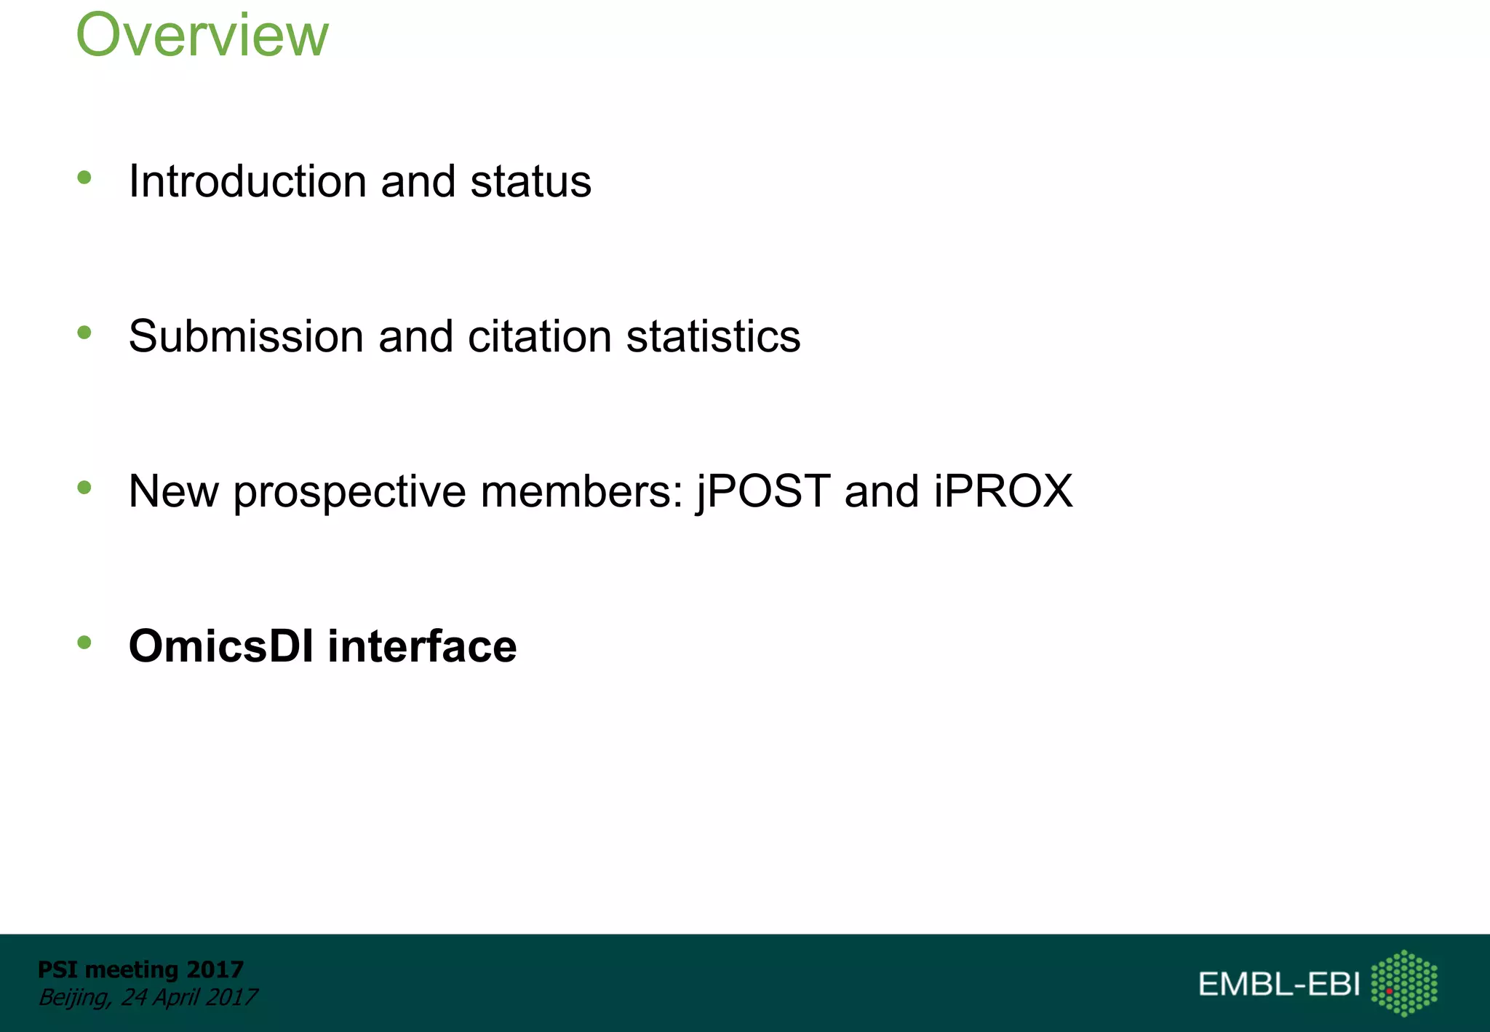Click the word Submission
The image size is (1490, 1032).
tap(246, 336)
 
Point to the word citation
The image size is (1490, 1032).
tap(539, 336)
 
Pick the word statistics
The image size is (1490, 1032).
tap(713, 336)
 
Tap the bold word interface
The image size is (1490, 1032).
tap(422, 646)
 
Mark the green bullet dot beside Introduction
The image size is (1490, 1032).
tap(84, 177)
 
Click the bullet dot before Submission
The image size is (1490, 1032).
tap(84, 333)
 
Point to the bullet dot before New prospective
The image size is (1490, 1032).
tap(84, 488)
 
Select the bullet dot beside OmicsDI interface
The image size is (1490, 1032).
tap(84, 642)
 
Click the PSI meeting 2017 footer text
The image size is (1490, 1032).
tap(140, 969)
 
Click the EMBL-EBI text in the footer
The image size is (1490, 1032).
tap(1278, 984)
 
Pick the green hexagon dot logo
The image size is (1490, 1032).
tap(1404, 983)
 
